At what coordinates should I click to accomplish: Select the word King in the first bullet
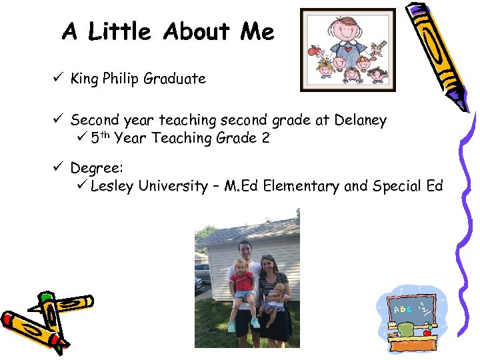click(84, 79)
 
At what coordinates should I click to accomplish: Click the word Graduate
click(175, 79)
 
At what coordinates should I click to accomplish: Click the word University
click(173, 185)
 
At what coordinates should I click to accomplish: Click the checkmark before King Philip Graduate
click(59, 79)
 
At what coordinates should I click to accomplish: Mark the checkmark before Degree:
click(59, 169)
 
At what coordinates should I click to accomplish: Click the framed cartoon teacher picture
click(347, 50)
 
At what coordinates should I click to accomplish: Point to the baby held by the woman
click(276, 299)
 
